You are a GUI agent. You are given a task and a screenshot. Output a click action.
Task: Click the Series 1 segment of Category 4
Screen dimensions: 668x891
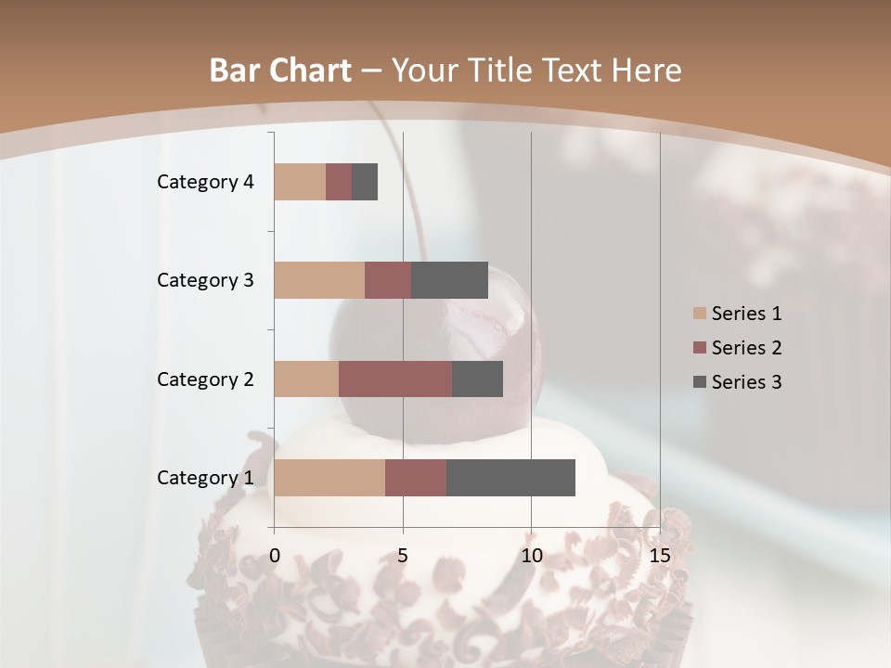(x=300, y=182)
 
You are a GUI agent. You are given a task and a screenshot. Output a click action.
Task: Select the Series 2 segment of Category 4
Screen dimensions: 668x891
(x=339, y=182)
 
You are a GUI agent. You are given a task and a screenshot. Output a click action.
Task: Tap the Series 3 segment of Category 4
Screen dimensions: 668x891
(x=365, y=182)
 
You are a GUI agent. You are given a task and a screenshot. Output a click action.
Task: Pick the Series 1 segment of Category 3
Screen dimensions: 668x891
(x=319, y=280)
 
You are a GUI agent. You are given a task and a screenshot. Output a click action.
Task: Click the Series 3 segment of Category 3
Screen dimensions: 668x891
(x=449, y=280)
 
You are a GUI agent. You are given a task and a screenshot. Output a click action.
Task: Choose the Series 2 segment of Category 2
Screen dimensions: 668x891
(x=395, y=379)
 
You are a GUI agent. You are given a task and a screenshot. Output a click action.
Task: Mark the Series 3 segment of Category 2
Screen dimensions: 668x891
(x=477, y=379)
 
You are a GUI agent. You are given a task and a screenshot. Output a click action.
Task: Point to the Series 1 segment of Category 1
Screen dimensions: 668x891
(x=329, y=478)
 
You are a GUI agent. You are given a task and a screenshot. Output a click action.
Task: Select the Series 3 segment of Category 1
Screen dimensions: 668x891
(x=510, y=478)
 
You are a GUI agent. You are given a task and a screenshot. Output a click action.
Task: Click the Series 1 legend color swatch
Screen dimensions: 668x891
(x=699, y=314)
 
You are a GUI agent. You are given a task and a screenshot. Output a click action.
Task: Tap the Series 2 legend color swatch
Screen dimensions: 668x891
(x=699, y=348)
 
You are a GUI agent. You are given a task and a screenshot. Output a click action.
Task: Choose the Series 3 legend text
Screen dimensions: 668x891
(x=746, y=382)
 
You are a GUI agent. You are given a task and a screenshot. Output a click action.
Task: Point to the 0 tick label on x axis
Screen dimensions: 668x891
(x=275, y=556)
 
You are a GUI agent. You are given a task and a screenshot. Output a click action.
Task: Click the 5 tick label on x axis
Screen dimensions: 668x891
(x=403, y=556)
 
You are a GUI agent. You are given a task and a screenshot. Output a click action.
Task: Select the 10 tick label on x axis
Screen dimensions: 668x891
(x=531, y=556)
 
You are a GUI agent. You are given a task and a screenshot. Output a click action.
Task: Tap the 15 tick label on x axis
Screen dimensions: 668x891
(x=660, y=556)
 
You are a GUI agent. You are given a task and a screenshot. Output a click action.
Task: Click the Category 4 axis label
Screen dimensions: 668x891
(x=205, y=182)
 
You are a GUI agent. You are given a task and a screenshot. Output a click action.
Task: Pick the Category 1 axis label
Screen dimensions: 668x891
(x=205, y=478)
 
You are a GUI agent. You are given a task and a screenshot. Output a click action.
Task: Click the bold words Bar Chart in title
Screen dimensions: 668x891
(x=280, y=71)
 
